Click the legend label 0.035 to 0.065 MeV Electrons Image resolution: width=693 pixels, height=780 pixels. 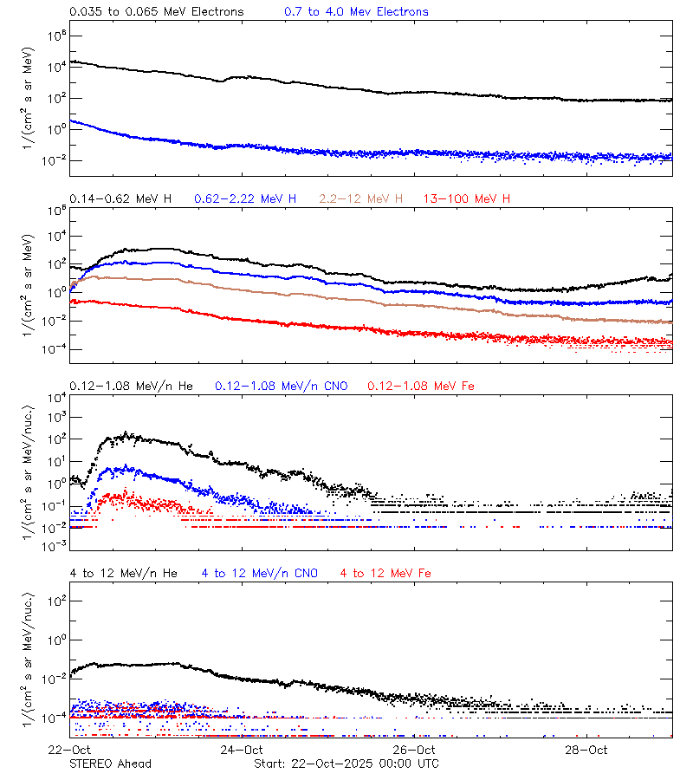[x=157, y=12]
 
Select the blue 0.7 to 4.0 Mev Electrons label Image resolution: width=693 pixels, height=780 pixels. [x=356, y=12]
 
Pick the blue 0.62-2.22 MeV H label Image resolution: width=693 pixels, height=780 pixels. [x=245, y=199]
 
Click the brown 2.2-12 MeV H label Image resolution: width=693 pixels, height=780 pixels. [x=361, y=199]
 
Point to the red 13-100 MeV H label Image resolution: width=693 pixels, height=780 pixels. [x=466, y=199]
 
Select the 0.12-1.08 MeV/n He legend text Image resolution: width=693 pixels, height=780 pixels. [x=134, y=386]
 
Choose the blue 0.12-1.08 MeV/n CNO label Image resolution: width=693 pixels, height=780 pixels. [x=281, y=386]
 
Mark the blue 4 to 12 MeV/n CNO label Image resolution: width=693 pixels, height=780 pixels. [x=259, y=574]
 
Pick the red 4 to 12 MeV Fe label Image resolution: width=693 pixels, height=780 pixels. [x=385, y=574]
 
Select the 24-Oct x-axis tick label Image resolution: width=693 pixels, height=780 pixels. [x=243, y=750]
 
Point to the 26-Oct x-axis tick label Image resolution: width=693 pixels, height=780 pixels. [x=414, y=750]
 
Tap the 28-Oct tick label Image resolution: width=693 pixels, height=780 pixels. [x=586, y=750]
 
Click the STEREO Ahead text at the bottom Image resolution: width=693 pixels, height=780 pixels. [x=111, y=764]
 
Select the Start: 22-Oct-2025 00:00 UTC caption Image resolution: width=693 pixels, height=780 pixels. [x=346, y=764]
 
